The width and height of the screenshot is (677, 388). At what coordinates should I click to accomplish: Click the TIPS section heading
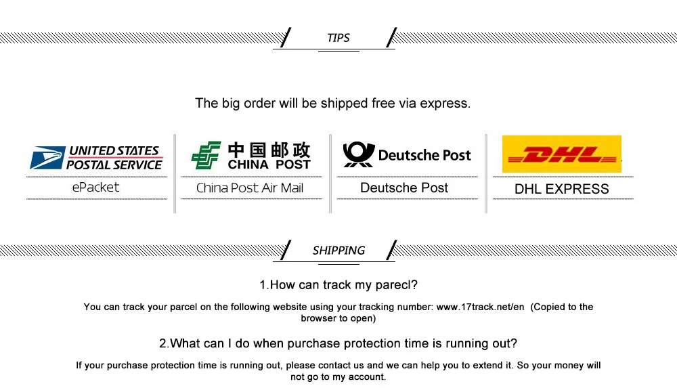point(338,38)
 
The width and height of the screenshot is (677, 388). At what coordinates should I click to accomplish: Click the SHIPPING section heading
point(338,251)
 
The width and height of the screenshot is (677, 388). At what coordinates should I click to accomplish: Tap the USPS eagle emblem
point(47,157)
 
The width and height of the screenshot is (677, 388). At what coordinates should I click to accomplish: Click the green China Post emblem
point(206,155)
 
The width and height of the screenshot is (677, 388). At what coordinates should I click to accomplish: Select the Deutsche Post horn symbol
point(358,154)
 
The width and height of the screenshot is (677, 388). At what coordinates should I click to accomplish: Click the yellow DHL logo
point(562,154)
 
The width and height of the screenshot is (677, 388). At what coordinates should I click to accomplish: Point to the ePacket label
point(95,188)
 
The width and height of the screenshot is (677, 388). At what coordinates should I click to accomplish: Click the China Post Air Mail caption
point(250,188)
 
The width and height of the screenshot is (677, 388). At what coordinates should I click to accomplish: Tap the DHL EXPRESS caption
point(562,189)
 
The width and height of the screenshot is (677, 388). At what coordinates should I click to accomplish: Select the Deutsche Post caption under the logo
point(404,188)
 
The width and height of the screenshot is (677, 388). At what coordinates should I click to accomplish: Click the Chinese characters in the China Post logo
point(269,150)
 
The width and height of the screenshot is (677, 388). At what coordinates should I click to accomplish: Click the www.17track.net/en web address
point(480,307)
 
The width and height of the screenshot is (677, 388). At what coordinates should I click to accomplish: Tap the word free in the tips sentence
point(381,104)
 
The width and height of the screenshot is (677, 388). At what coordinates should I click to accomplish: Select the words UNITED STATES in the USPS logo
point(114,151)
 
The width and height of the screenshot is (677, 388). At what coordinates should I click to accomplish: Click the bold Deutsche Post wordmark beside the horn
point(424,155)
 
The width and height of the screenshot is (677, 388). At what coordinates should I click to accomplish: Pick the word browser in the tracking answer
point(319,318)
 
